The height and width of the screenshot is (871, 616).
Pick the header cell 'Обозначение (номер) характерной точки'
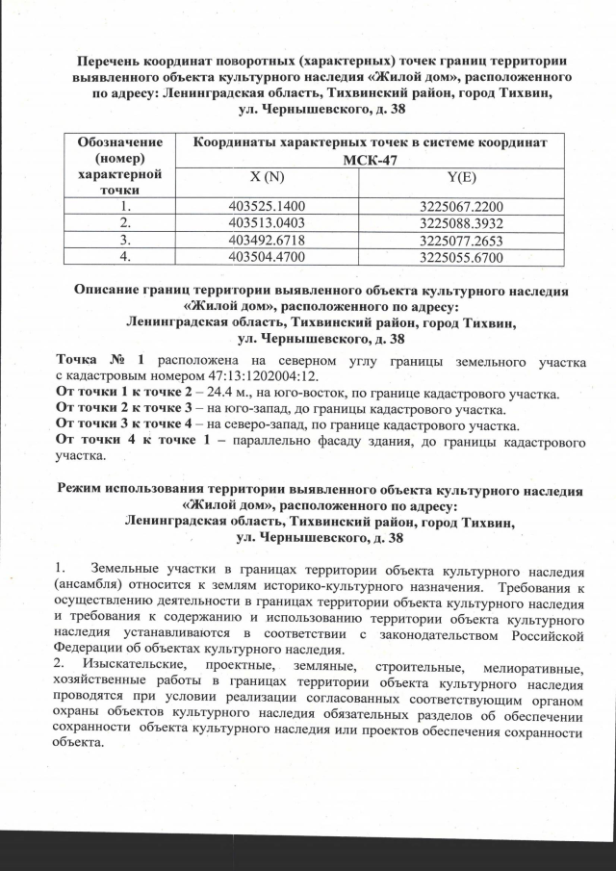[x=122, y=166]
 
